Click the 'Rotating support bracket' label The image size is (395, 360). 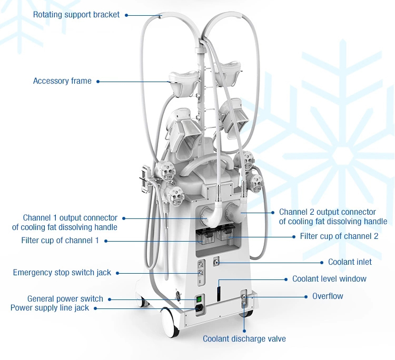pos(76,15)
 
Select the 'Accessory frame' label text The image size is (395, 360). pos(62,81)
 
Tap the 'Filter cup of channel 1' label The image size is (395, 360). pos(60,241)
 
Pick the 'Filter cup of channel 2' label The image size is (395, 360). pos(339,236)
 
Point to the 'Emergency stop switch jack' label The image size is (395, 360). pos(62,273)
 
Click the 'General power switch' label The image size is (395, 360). pos(65,299)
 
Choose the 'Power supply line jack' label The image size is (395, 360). pos(57,308)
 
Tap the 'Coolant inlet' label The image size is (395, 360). pos(350,262)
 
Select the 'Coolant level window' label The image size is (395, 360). pos(329,278)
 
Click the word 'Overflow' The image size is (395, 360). pos(328,296)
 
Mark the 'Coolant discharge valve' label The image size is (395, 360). pos(244,339)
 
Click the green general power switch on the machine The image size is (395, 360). pos(198,299)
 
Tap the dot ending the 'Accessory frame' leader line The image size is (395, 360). pos(98,81)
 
